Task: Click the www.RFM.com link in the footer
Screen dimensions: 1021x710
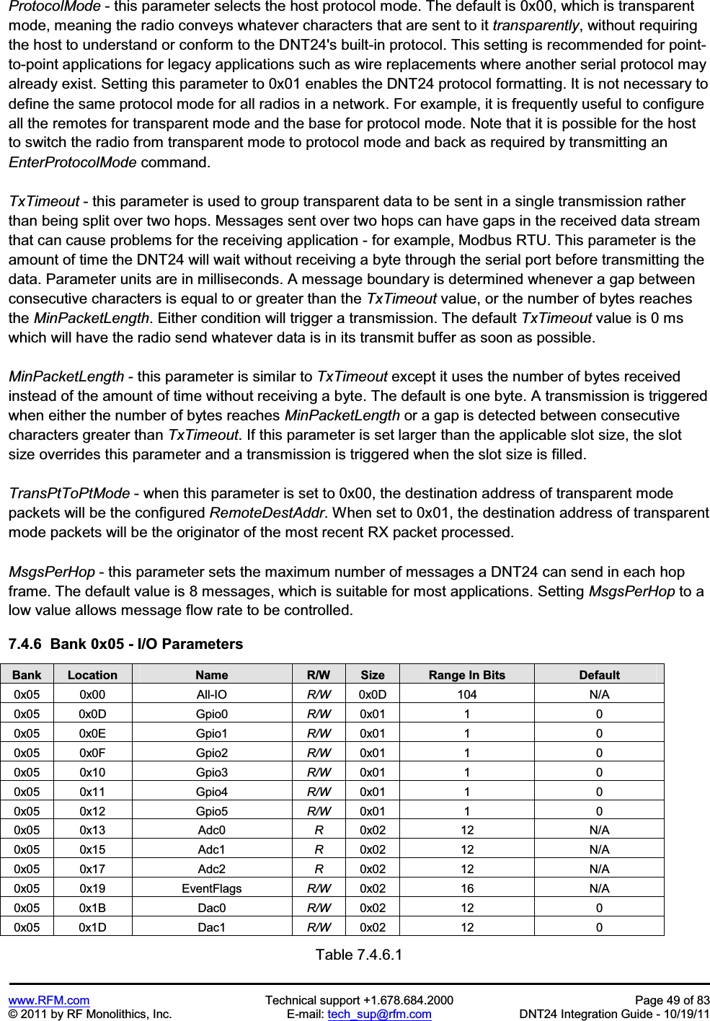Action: point(49,1000)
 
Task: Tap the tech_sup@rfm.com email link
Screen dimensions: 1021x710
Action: point(379,1014)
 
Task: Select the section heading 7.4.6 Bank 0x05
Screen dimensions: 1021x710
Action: point(125,644)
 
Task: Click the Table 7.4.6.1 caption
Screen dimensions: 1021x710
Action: point(359,955)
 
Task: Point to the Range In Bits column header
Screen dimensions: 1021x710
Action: point(466,675)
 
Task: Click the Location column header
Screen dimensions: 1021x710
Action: point(92,675)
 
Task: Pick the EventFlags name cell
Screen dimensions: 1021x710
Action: point(212,888)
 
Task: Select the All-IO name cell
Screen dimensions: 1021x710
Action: point(212,694)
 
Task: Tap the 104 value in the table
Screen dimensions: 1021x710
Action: point(466,694)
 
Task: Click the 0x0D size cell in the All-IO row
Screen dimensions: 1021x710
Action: point(373,694)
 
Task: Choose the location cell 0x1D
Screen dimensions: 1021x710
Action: point(92,927)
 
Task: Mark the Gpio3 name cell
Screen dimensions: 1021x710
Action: point(212,772)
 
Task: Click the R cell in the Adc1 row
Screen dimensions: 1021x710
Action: point(319,849)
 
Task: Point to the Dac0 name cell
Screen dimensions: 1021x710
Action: point(212,908)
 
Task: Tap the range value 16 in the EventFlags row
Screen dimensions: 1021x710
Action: point(466,888)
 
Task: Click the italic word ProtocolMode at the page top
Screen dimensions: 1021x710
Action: point(54,6)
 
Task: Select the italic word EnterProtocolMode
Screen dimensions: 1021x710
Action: point(72,162)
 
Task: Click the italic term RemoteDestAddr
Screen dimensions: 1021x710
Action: point(267,513)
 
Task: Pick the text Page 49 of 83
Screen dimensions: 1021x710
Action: point(672,1000)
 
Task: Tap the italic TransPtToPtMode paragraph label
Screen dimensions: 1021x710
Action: point(69,494)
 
